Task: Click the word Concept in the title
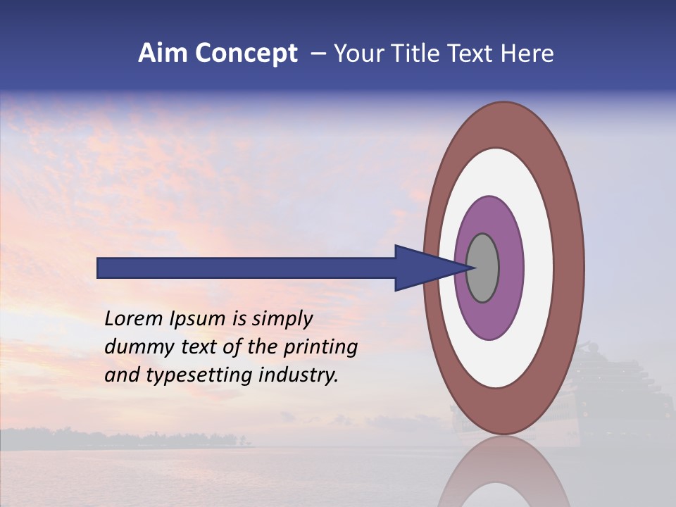246,54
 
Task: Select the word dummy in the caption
133,347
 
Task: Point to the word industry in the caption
299,375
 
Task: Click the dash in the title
318,54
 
